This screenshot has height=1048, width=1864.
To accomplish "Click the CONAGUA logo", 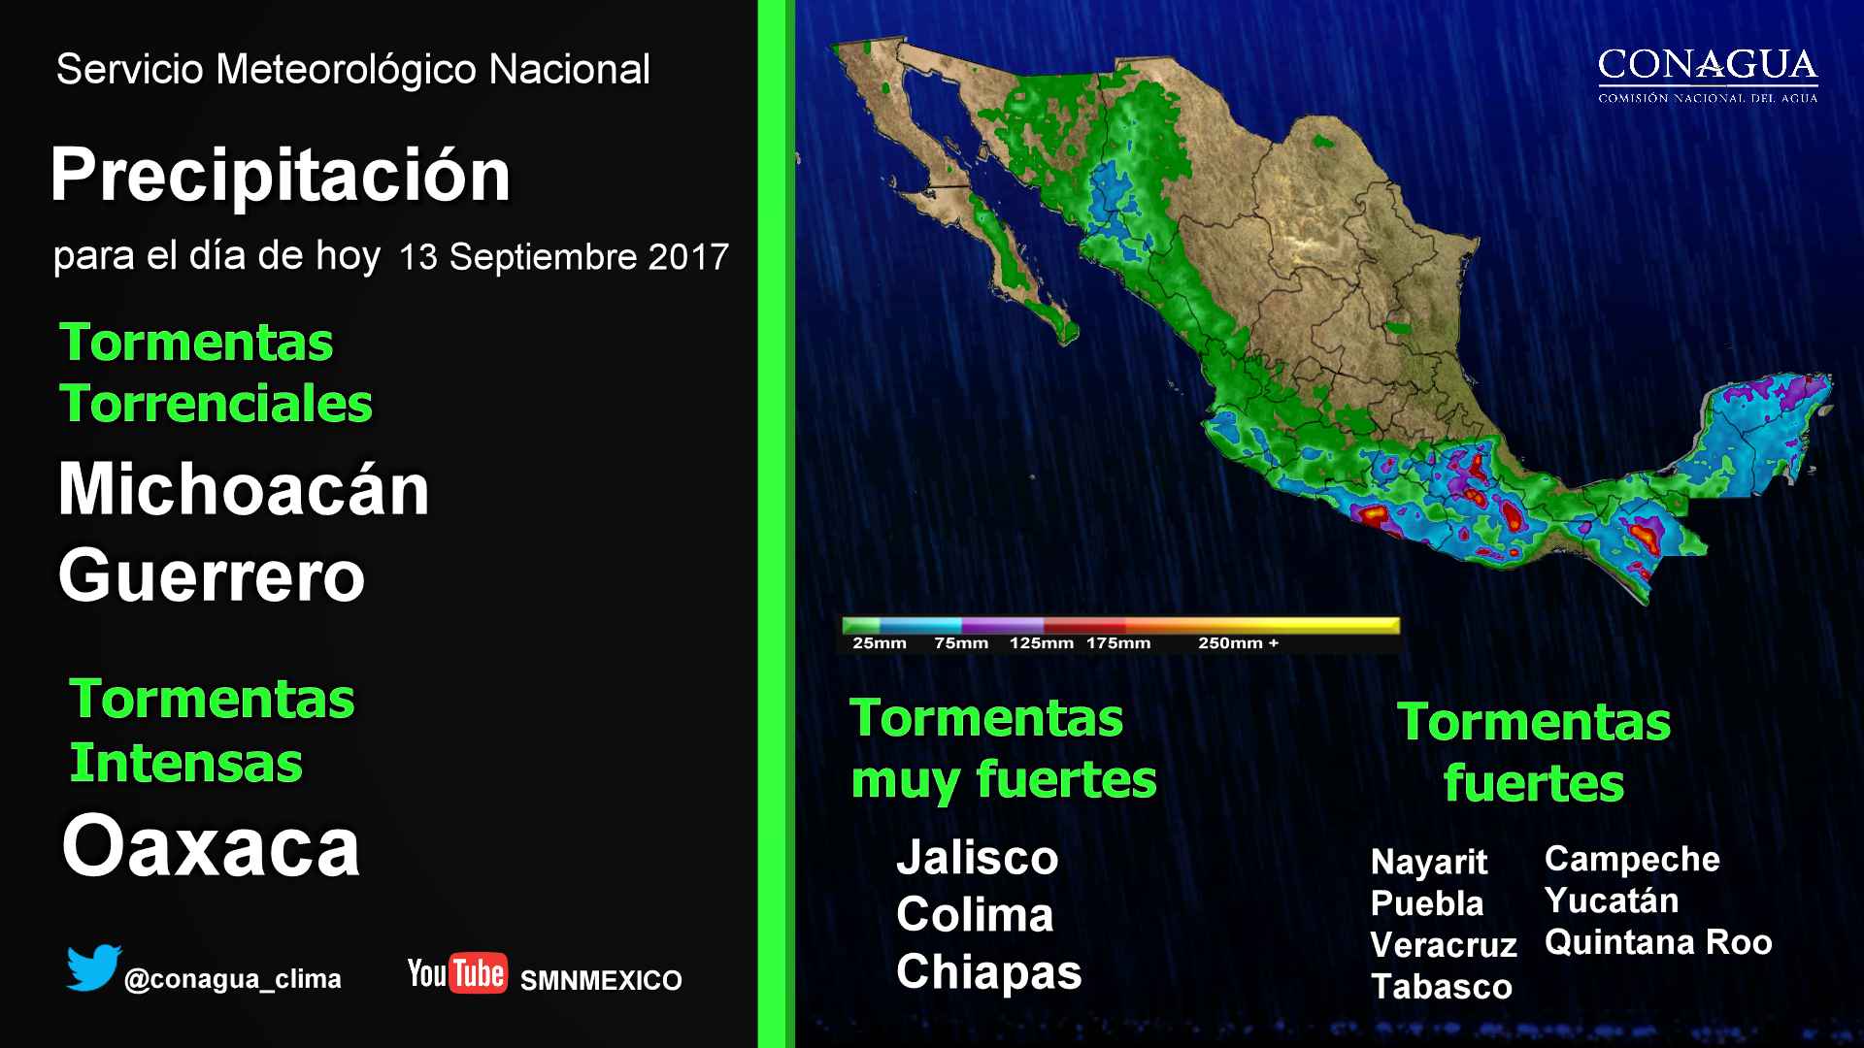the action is [x=1708, y=75].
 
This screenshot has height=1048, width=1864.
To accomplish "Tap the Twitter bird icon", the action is [x=93, y=967].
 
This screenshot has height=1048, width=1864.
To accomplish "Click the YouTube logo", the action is [x=457, y=973].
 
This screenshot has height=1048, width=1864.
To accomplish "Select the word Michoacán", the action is [x=244, y=489].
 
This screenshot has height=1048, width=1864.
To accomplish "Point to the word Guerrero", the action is [x=212, y=575].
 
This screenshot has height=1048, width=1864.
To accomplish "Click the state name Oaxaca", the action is [x=211, y=846].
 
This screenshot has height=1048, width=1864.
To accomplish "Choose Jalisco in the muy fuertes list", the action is [x=977, y=858].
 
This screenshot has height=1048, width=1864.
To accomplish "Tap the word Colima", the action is [x=975, y=915].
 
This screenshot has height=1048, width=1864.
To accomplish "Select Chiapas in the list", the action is [x=988, y=973].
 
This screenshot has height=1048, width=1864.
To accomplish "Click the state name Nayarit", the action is [x=1429, y=862].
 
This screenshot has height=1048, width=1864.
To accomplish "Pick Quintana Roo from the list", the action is [x=1658, y=942].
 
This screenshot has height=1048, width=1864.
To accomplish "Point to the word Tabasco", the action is [x=1442, y=987].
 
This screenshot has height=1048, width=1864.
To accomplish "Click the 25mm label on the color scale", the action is [x=880, y=643].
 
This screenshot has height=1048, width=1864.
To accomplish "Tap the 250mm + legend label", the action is [x=1238, y=643].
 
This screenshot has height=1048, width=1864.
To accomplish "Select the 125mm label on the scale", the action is [x=1042, y=643].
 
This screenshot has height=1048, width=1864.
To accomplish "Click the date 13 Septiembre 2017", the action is [x=563, y=256].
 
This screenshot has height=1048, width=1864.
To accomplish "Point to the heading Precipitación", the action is [x=281, y=176].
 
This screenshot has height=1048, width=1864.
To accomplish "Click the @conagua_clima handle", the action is [x=232, y=979].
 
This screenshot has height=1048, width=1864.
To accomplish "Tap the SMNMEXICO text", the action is [x=601, y=981].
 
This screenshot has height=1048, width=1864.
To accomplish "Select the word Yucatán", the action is [x=1612, y=901].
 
